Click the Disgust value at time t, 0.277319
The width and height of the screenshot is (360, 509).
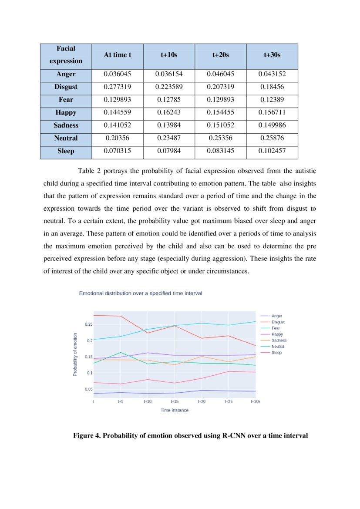coord(118,87)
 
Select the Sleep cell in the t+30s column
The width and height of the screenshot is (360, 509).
coord(272,152)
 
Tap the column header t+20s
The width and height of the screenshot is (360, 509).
coord(220,55)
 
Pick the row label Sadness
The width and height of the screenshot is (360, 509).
coord(66,125)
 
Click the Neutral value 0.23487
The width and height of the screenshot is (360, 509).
coord(169,138)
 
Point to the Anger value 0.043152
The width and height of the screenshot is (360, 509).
coord(272,74)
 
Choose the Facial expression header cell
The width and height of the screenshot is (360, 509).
coord(66,55)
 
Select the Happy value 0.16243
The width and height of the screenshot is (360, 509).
coord(169,113)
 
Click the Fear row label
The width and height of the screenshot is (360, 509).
coord(66,100)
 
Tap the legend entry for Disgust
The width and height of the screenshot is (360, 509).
coord(278,322)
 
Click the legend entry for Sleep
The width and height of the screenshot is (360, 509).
coord(276,353)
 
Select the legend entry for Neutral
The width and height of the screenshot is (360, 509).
coord(277,347)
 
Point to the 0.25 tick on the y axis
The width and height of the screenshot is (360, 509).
coord(88,324)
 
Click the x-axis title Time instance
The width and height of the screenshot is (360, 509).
coord(175,410)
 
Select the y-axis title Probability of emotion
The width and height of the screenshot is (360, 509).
coord(75,355)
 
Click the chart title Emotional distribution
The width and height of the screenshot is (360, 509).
coord(140,293)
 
